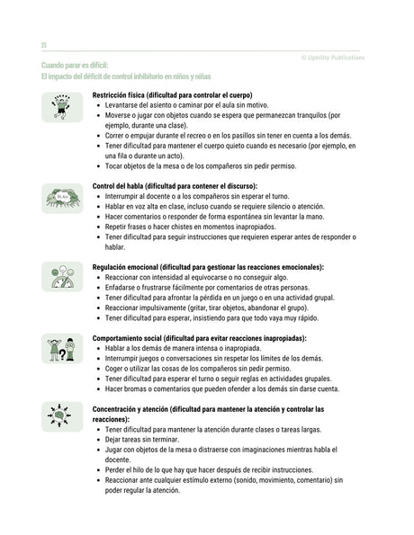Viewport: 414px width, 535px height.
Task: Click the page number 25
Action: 43,44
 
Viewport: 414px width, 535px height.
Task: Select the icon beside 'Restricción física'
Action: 62,106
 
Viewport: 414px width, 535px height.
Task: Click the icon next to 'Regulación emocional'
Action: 62,276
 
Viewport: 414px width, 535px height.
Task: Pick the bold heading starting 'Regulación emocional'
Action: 208,267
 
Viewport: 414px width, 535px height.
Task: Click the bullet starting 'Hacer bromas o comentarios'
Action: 221,389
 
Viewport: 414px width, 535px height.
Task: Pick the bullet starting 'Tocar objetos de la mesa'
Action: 206,165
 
